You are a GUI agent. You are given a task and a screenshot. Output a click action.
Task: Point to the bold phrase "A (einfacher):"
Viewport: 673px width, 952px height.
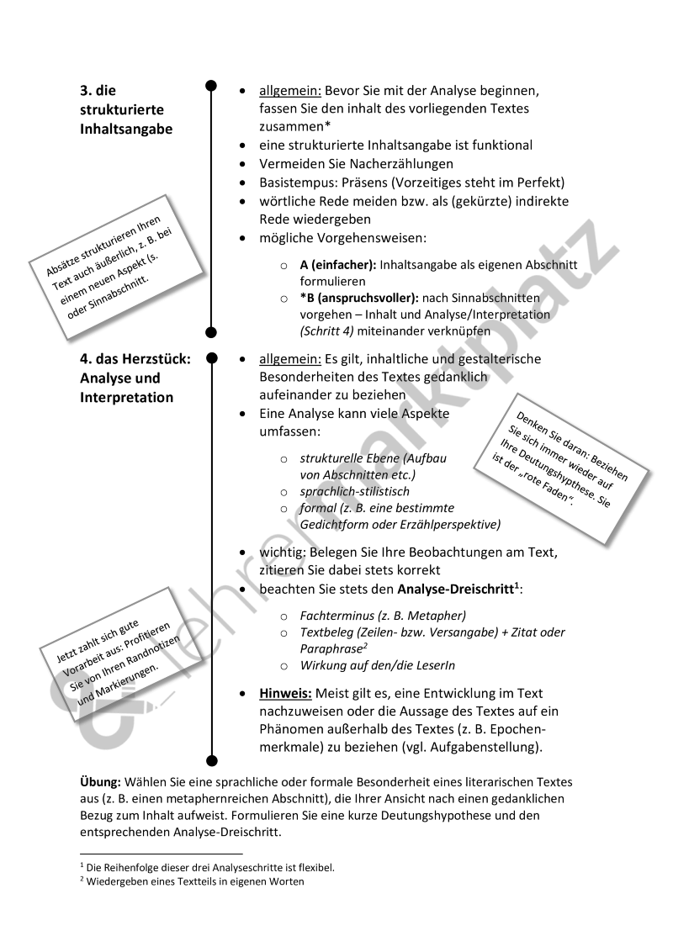337,264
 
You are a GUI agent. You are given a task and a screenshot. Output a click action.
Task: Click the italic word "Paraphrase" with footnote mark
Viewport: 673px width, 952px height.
332,648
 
